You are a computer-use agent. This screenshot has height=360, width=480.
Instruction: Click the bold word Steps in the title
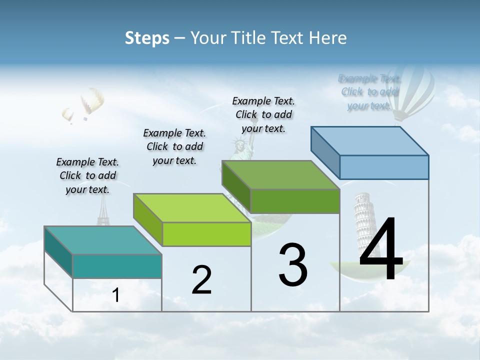point(147,37)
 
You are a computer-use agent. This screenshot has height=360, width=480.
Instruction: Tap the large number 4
point(381,249)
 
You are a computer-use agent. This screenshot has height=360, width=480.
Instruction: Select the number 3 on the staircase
point(293,265)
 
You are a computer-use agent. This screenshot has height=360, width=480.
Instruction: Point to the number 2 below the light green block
point(201,279)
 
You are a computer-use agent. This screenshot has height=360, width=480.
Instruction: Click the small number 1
point(116,295)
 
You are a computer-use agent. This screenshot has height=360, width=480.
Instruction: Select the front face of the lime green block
point(206,234)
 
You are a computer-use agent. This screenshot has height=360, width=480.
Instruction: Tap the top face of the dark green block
point(280,175)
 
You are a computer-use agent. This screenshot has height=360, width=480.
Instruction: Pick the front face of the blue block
point(383,167)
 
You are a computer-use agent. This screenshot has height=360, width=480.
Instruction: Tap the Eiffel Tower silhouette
point(103,210)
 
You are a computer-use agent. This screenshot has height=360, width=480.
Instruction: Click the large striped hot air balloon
point(412,92)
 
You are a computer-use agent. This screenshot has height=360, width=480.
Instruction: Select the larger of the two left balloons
point(92,101)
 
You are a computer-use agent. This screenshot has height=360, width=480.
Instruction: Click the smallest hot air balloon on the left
point(68,115)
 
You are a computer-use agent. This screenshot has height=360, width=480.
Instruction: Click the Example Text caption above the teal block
point(87,175)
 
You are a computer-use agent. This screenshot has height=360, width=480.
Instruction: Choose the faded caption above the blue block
point(369,92)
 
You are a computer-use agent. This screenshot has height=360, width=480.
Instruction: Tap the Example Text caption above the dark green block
point(263,114)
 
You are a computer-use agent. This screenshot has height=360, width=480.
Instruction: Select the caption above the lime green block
point(174,146)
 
